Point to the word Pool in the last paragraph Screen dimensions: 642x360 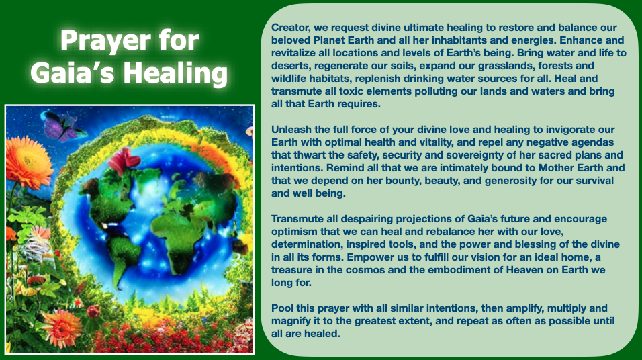click(x=282, y=308)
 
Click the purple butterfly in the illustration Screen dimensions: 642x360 click(x=62, y=126)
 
